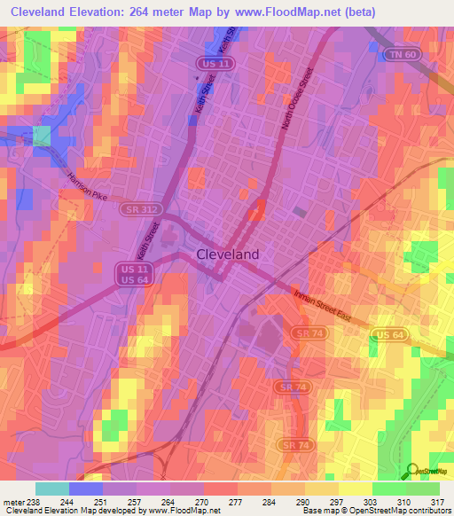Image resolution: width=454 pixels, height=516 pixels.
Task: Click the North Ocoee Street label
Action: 296,100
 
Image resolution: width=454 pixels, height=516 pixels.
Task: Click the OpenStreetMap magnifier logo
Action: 411,470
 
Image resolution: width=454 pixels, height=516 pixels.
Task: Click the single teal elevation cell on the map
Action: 42,135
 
